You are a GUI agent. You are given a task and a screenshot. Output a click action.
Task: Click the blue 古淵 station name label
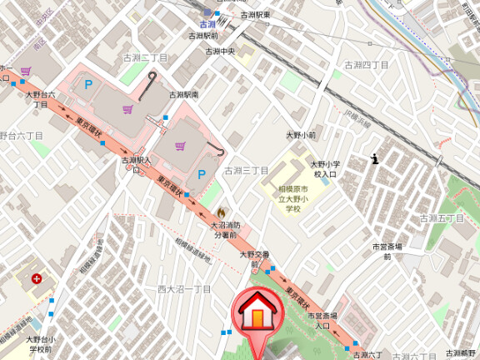click(207, 24)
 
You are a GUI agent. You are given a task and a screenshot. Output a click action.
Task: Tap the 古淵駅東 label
click(255, 15)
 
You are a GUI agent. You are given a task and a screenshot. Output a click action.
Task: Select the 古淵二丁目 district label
click(146, 57)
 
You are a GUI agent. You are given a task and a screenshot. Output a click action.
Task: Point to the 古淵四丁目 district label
click(367, 64)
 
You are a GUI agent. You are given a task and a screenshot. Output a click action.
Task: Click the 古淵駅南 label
click(183, 95)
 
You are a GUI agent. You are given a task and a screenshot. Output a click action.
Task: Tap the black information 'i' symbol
click(376, 158)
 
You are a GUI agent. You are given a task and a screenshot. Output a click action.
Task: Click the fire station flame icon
click(221, 213)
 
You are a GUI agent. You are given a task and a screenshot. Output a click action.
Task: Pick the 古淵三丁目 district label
click(246, 171)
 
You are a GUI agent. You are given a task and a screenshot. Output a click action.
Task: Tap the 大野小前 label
click(301, 134)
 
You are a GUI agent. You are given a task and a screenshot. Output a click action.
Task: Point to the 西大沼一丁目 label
click(184, 289)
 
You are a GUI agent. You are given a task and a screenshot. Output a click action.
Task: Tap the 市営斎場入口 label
click(322, 322)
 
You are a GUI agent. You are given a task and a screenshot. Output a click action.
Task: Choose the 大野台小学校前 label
click(40, 344)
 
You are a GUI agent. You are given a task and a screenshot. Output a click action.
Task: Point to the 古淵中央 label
click(221, 51)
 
